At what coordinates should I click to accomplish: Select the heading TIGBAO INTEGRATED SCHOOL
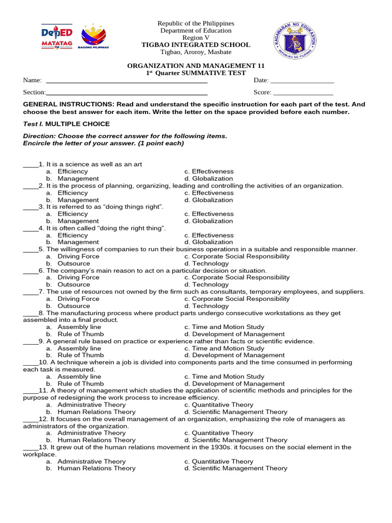coord(195,45)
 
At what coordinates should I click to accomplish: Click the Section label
coord(34,92)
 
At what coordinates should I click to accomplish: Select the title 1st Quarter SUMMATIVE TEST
coord(195,73)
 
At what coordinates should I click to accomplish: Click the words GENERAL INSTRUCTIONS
coord(63,104)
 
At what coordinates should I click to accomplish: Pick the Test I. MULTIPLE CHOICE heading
coord(66,124)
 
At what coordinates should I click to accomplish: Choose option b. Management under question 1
coord(78,179)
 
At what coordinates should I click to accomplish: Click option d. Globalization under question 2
coord(209,200)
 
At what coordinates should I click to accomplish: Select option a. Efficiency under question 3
coord(72,214)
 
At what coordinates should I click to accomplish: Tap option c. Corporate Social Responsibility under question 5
coord(237,256)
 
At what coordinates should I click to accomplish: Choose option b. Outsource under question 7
coord(73,306)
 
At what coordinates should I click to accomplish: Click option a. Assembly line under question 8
coord(79,327)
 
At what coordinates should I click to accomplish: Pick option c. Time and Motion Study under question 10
coord(224,376)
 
